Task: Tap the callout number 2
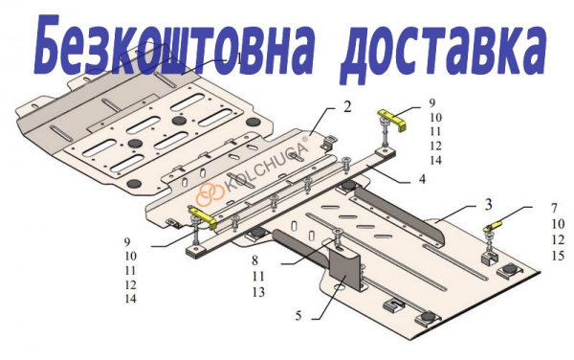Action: click(x=347, y=106)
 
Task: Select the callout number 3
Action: click(x=488, y=205)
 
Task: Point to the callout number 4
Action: click(x=422, y=179)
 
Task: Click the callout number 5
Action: click(x=298, y=315)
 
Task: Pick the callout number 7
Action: click(x=554, y=208)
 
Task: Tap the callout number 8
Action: click(x=254, y=260)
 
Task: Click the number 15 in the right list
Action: click(x=558, y=256)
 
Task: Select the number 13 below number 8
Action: click(x=258, y=292)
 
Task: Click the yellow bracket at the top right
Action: click(x=393, y=119)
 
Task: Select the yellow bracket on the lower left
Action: click(x=203, y=216)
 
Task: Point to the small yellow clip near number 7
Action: click(x=493, y=225)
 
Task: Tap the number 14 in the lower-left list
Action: click(x=130, y=299)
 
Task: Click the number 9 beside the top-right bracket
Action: click(x=432, y=103)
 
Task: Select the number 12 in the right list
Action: click(x=558, y=239)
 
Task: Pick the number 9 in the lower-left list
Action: click(x=127, y=241)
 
